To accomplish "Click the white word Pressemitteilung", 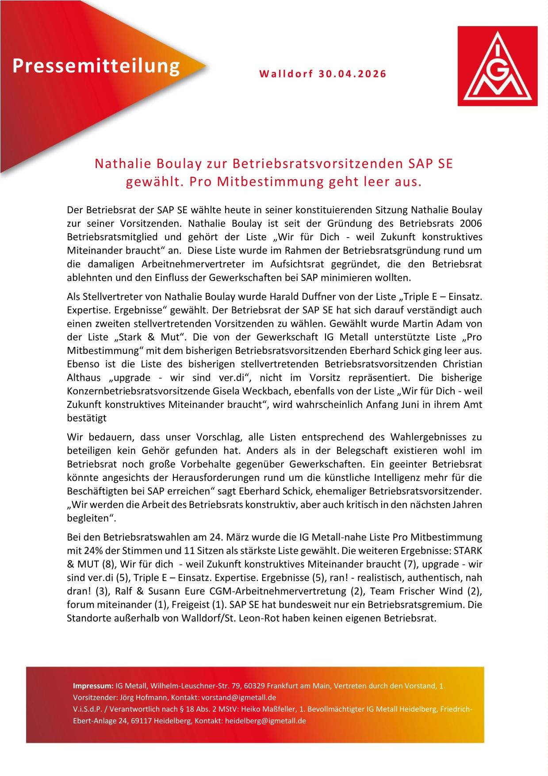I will [96, 66].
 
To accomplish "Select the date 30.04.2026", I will [352, 74].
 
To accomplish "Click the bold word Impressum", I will [93, 686].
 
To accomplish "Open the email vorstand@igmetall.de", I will [242, 698].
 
